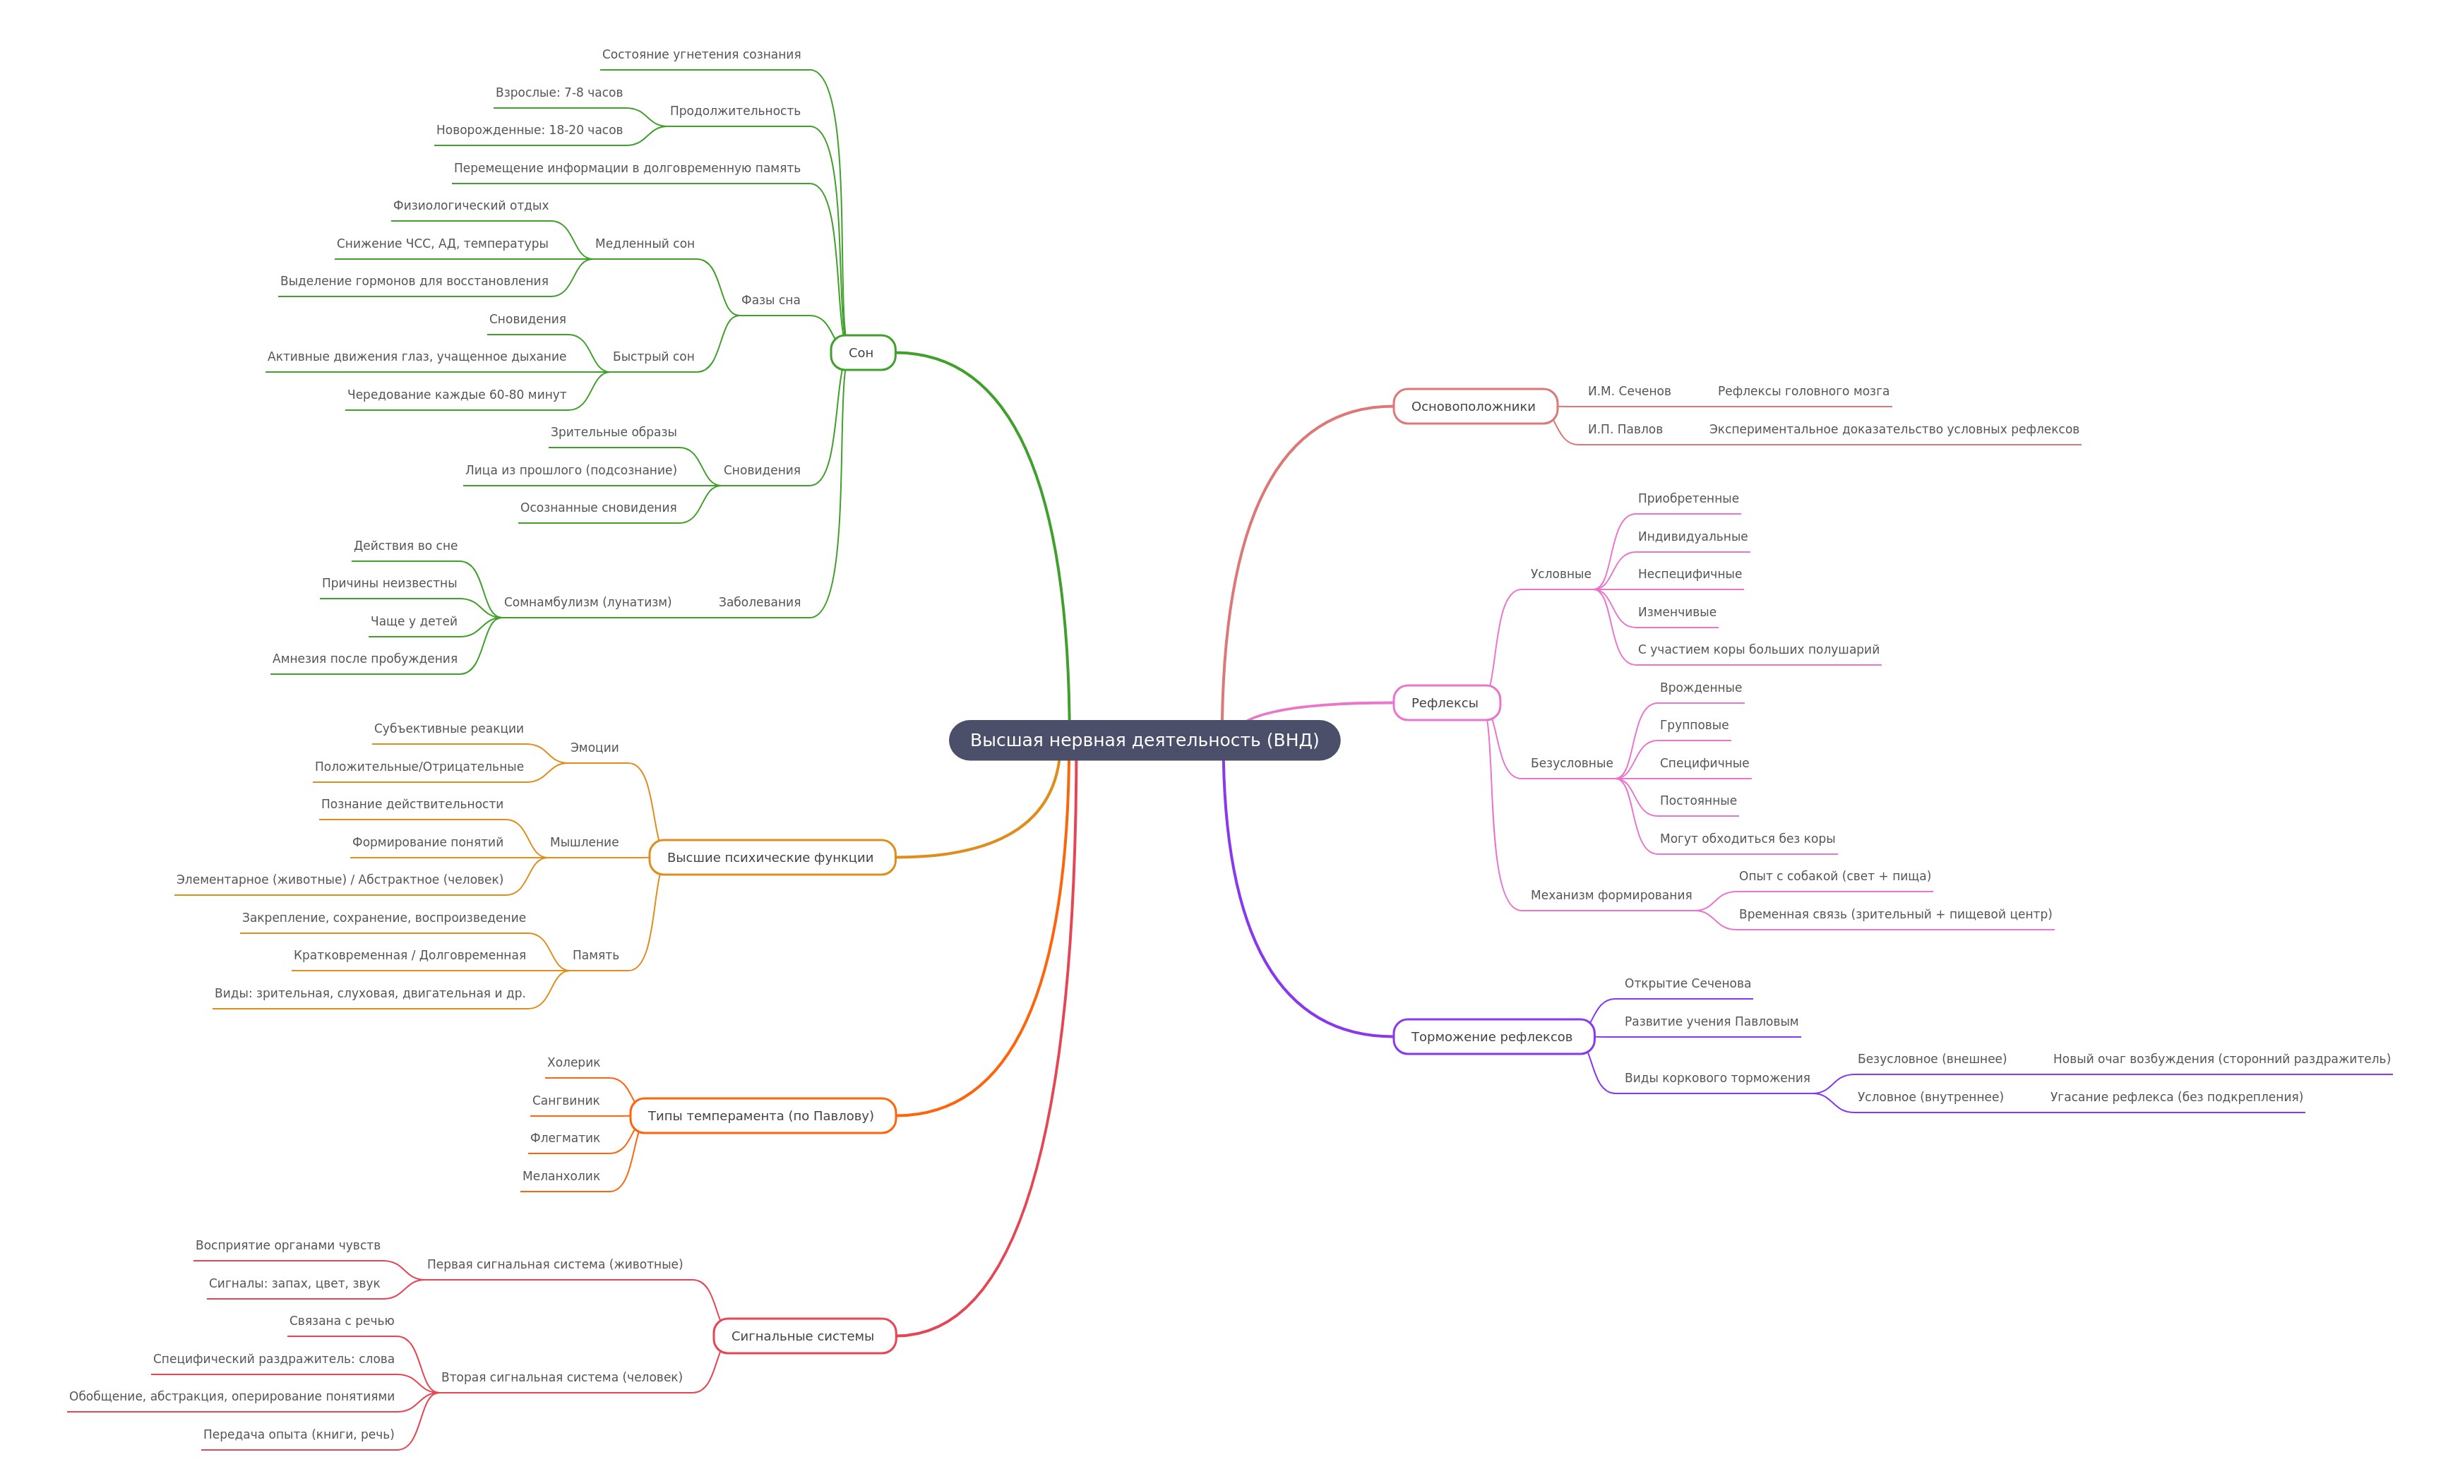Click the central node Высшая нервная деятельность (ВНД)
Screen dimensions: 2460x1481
coord(1144,740)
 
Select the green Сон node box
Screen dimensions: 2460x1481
coord(862,352)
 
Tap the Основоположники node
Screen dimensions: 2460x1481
coord(1474,406)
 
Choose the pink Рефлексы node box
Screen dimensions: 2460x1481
coord(1445,702)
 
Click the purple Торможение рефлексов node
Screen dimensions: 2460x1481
coord(1493,1037)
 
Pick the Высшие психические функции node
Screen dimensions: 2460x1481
coord(772,857)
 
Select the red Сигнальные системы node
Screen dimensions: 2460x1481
coord(804,1336)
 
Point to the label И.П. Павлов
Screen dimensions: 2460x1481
coord(1625,429)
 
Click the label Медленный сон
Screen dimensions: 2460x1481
coord(645,244)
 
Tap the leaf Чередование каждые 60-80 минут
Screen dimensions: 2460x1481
coord(456,394)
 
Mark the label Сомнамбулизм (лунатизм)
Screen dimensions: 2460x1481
coord(587,601)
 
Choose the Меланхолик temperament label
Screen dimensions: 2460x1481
coord(561,1175)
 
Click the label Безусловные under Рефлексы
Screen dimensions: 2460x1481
coord(1571,764)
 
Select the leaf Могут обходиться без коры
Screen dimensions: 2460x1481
coord(1746,839)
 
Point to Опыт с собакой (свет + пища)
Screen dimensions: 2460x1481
coord(1834,876)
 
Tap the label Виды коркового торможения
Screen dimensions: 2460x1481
coord(1716,1078)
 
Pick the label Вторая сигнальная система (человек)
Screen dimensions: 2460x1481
coord(562,1377)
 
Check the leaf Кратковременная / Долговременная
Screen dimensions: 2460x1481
coord(409,955)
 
